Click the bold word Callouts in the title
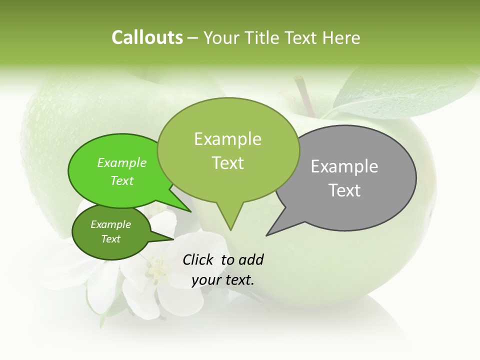[147, 37]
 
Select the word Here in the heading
[341, 37]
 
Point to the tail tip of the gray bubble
[267, 235]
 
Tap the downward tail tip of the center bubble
[230, 229]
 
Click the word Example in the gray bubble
[344, 166]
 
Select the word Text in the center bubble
[228, 163]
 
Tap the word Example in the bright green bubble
[122, 162]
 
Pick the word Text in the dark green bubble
[111, 239]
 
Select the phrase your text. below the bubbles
[223, 280]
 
